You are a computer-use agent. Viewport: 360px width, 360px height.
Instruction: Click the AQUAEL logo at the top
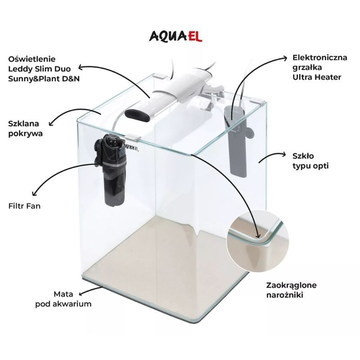pos(175,36)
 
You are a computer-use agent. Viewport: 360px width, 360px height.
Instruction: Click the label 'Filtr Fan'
pos(24,206)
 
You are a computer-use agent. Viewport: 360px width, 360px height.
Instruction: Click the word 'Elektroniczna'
pos(319,58)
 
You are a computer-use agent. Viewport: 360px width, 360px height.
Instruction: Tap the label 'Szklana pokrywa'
pos(26,129)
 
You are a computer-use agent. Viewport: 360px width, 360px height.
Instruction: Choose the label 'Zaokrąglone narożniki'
pos(291,290)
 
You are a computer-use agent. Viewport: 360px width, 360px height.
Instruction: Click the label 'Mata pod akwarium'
pos(63,299)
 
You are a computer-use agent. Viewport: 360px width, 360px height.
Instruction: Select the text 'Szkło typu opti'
pos(310,161)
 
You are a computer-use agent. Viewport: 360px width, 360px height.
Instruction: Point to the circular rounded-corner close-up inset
pos(257,240)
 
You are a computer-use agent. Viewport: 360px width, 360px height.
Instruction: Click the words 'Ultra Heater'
pos(317,77)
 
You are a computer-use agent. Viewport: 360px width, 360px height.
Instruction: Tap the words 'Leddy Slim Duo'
pos(40,69)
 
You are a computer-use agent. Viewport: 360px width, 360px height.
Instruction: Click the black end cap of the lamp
pos(137,116)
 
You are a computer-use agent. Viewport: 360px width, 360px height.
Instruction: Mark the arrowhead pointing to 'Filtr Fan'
pos(35,193)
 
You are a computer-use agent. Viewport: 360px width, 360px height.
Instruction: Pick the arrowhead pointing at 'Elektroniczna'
pos(285,58)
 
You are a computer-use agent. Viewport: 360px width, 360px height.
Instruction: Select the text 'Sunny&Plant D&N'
pos(44,79)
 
